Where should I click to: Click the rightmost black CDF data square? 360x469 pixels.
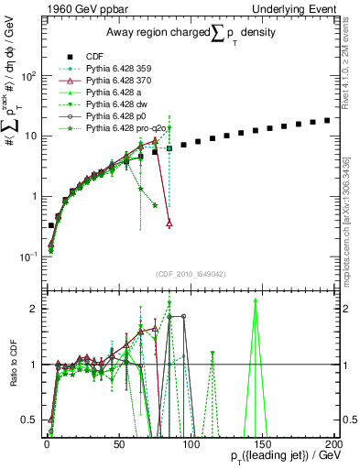[327, 120]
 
